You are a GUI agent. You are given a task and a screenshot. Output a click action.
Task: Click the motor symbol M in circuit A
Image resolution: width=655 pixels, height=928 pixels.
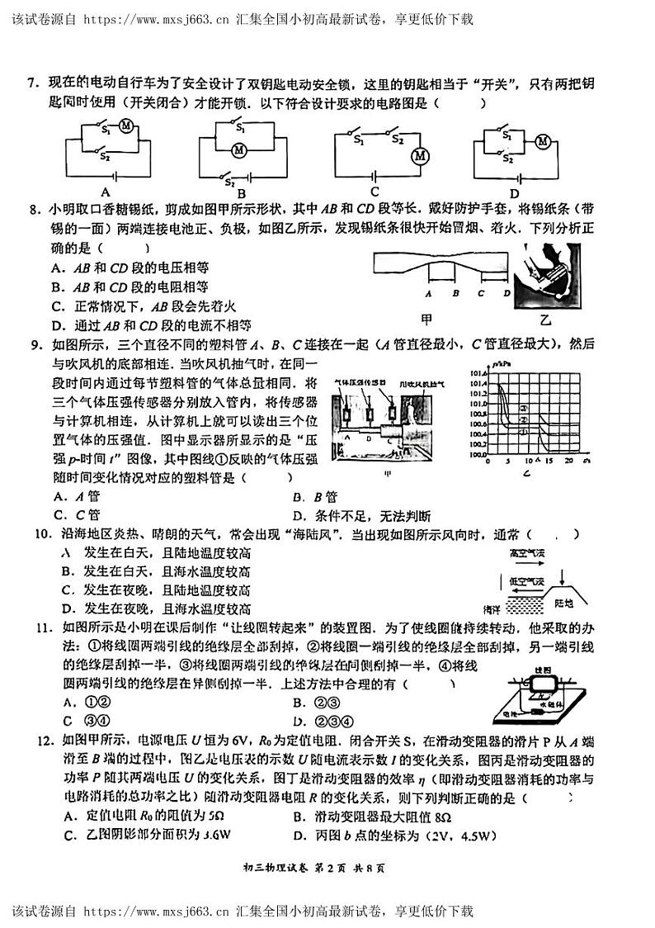(x=126, y=125)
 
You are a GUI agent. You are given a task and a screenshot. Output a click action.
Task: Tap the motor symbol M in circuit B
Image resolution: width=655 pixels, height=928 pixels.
(x=239, y=150)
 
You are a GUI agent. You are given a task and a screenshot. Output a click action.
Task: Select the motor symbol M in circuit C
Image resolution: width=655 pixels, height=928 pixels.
(x=420, y=157)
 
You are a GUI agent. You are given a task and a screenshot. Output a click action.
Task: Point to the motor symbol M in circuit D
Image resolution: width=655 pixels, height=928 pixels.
(x=542, y=141)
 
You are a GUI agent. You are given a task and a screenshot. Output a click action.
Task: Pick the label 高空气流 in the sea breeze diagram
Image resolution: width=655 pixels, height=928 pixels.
(x=529, y=552)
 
